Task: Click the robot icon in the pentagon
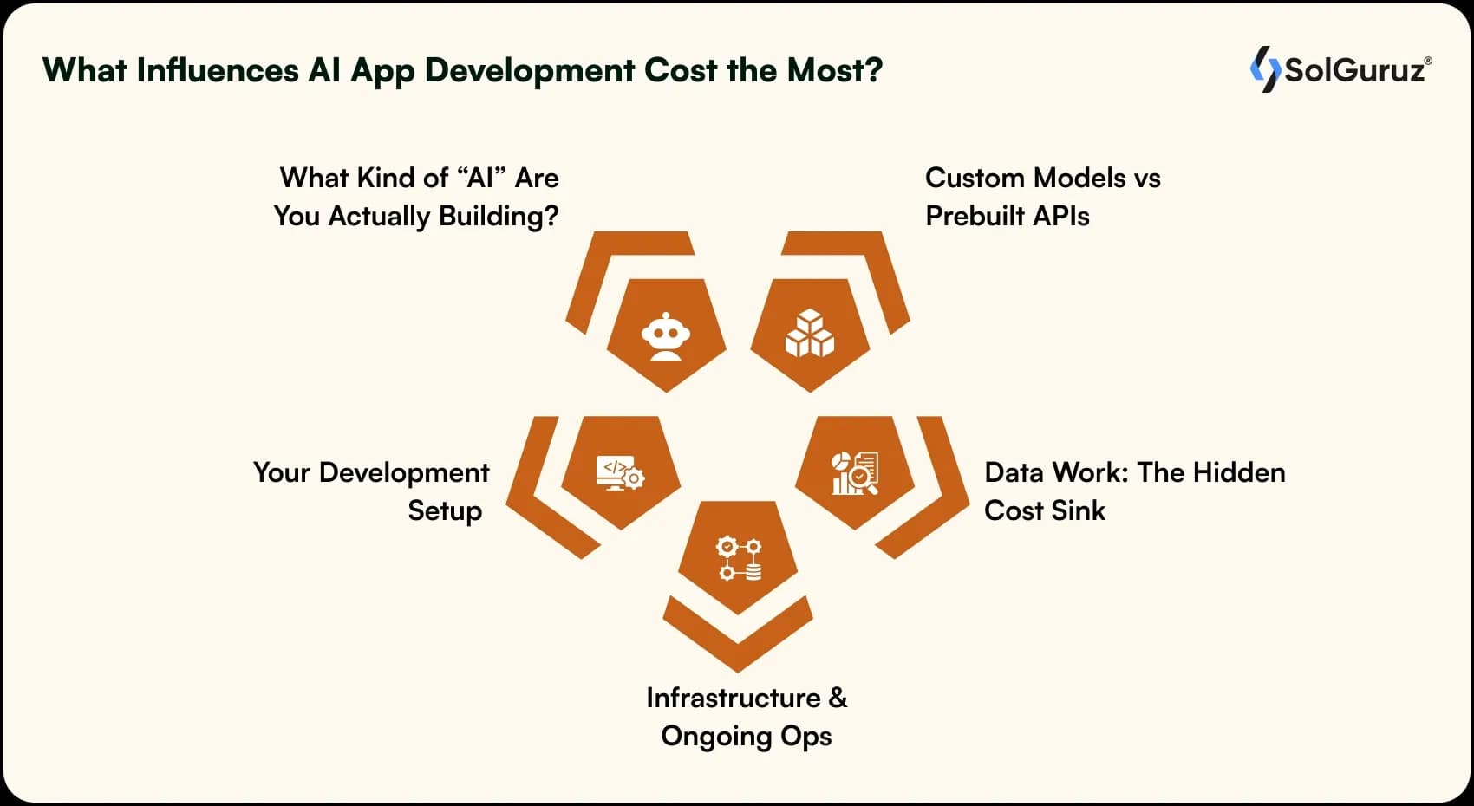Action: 665,335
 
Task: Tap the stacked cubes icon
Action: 809,334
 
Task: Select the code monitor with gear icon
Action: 620,473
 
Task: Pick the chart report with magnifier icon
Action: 855,473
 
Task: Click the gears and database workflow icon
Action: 738,558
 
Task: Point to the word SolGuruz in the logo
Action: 1354,69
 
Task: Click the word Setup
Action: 445,511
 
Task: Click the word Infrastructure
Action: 734,698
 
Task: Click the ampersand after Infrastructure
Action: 838,698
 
